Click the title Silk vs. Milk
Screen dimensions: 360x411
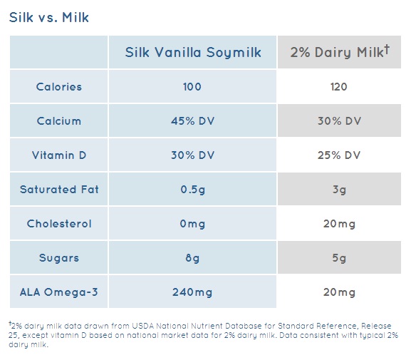click(x=50, y=16)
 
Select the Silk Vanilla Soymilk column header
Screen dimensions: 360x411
click(x=193, y=52)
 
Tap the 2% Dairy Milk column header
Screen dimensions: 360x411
click(x=339, y=52)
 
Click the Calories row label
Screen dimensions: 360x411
click(x=59, y=87)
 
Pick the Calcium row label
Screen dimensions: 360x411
click(x=59, y=121)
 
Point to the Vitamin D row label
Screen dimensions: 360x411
click(x=59, y=155)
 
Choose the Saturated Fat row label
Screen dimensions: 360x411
click(x=59, y=190)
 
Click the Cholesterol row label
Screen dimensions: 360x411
click(x=59, y=224)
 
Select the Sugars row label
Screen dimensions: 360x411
click(x=59, y=258)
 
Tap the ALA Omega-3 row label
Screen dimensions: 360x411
click(x=59, y=292)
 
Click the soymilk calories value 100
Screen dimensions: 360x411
click(x=192, y=87)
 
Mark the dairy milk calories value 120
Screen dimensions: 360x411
click(x=339, y=87)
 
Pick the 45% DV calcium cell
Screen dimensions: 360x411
click(x=192, y=121)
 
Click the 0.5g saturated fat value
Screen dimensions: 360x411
click(x=192, y=190)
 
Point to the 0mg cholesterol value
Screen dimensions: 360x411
click(x=192, y=224)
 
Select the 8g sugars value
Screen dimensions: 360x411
click(x=192, y=258)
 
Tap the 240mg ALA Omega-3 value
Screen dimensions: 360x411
click(x=192, y=292)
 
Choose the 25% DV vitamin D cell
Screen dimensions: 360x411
click(x=339, y=155)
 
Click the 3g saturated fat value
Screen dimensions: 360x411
click(x=339, y=190)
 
